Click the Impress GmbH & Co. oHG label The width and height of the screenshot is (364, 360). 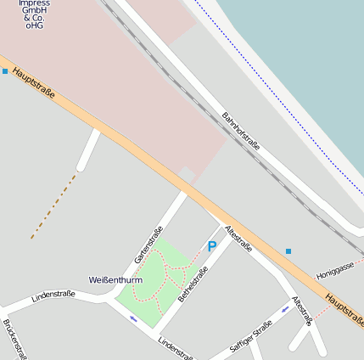pyautogui.click(x=34, y=14)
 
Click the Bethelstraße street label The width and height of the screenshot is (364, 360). pyautogui.click(x=193, y=284)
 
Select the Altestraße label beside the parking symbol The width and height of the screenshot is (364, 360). pyautogui.click(x=238, y=239)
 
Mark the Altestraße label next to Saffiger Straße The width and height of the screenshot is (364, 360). pyautogui.click(x=302, y=312)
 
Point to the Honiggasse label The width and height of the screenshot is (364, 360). pyautogui.click(x=334, y=271)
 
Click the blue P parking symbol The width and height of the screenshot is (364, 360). pyautogui.click(x=212, y=246)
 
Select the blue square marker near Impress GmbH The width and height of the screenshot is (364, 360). pyautogui.click(x=5, y=71)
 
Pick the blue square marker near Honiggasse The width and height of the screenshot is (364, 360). pyautogui.click(x=288, y=251)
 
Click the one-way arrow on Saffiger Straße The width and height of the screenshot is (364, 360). pyautogui.click(x=285, y=309)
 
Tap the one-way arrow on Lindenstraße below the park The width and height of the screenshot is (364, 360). pyautogui.click(x=133, y=319)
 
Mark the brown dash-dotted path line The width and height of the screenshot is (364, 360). pyautogui.click(x=53, y=206)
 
